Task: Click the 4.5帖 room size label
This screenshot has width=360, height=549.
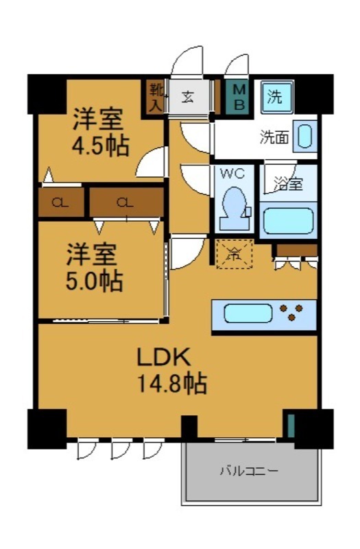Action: tap(101, 145)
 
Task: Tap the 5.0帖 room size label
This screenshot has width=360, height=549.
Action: tap(95, 280)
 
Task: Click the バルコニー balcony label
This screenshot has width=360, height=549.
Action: tap(248, 471)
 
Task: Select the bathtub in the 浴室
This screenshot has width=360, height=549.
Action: tap(288, 221)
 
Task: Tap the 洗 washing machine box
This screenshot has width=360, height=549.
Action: tap(275, 97)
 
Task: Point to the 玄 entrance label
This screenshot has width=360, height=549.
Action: tap(188, 97)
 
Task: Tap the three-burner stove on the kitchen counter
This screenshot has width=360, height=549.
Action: tap(294, 313)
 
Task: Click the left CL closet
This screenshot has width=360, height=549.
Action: tap(61, 202)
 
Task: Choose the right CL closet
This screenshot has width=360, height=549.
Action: tap(125, 202)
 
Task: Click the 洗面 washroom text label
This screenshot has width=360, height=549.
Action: tap(273, 137)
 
